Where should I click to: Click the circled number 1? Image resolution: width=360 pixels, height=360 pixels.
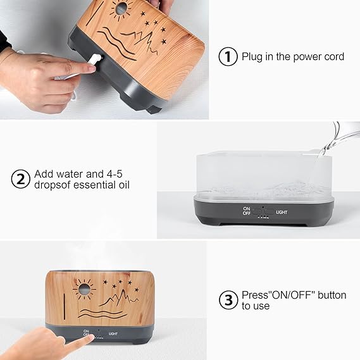[x=228, y=56]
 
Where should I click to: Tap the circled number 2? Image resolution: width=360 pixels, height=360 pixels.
[x=21, y=179]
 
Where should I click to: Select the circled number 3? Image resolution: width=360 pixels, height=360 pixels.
[x=228, y=300]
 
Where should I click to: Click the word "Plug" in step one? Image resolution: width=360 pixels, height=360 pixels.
[x=252, y=57]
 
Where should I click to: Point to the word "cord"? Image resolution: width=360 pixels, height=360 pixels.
[x=334, y=56]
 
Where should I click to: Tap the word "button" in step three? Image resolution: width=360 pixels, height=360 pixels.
[x=332, y=295]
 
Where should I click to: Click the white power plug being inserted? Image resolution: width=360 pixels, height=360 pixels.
[x=95, y=60]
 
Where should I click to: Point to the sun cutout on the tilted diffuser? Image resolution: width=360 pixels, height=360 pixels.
[x=121, y=9]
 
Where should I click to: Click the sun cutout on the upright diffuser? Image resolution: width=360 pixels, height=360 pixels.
[x=84, y=289]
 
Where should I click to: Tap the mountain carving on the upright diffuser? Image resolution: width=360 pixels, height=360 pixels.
[x=119, y=298]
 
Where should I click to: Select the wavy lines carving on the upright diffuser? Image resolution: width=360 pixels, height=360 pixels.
[x=102, y=313]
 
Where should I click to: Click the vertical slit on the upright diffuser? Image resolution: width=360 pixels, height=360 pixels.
[x=65, y=306]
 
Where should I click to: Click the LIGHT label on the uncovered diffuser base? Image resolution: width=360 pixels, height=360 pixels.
[x=282, y=213]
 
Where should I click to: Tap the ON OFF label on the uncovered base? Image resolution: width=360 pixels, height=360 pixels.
[x=246, y=211]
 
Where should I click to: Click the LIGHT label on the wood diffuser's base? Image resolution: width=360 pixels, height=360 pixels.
[x=113, y=333]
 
